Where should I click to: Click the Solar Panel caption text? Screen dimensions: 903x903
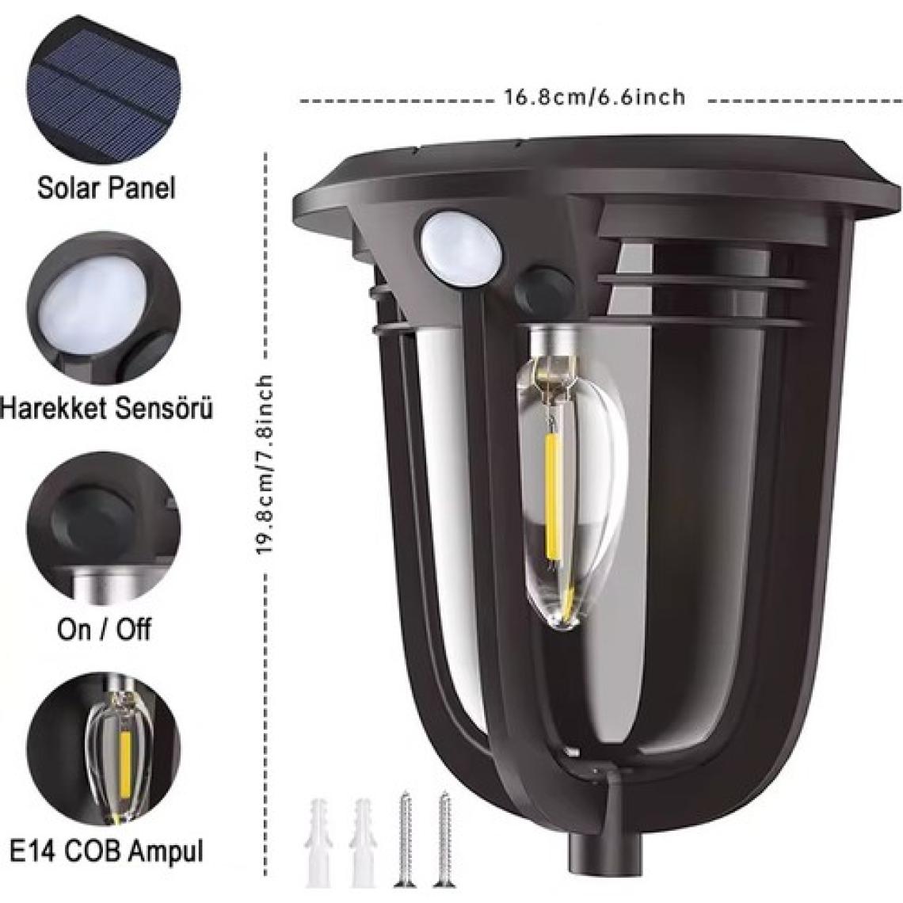coord(106,188)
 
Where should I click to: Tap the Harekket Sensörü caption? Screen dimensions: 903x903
coord(107,408)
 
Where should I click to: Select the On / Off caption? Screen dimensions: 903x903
coord(105,629)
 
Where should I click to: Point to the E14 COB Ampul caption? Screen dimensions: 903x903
coord(107,851)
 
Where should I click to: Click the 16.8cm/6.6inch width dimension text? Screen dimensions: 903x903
coord(596,96)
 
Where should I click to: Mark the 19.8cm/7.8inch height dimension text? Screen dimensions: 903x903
coord(265,464)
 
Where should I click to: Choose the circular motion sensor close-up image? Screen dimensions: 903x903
coord(104,307)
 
